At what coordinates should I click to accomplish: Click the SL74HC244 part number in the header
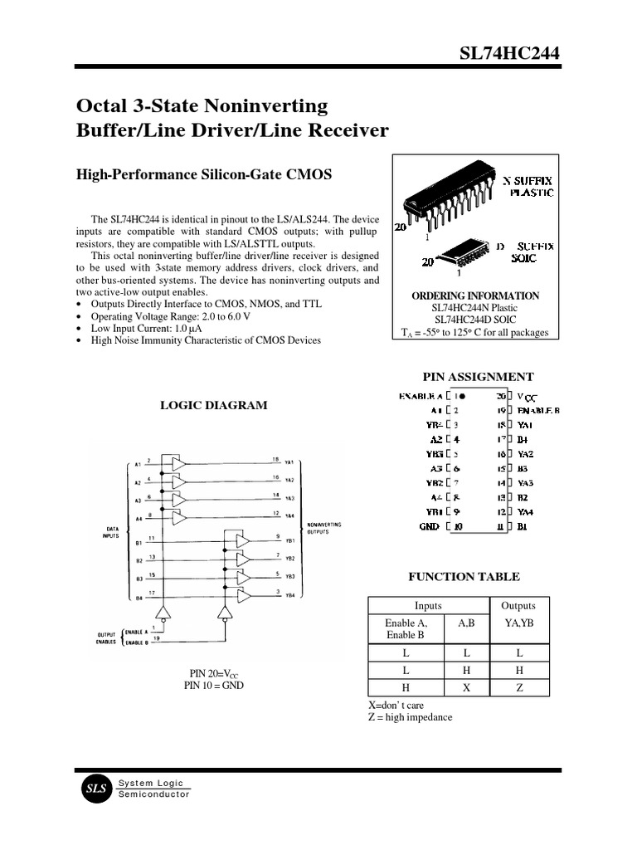coord(510,54)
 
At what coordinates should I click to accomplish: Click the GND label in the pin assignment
coord(430,526)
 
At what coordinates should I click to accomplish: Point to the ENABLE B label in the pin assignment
coord(539,410)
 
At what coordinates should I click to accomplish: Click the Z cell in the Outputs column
coord(518,687)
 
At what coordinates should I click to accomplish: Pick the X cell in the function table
coord(467,687)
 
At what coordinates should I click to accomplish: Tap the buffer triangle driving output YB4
coord(244,595)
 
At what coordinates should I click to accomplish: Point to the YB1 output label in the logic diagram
coord(289,541)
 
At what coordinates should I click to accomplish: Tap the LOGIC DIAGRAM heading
coord(213,406)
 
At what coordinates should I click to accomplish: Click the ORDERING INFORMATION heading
coord(475,296)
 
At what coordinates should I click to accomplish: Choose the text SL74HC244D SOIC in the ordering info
coord(475,320)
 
